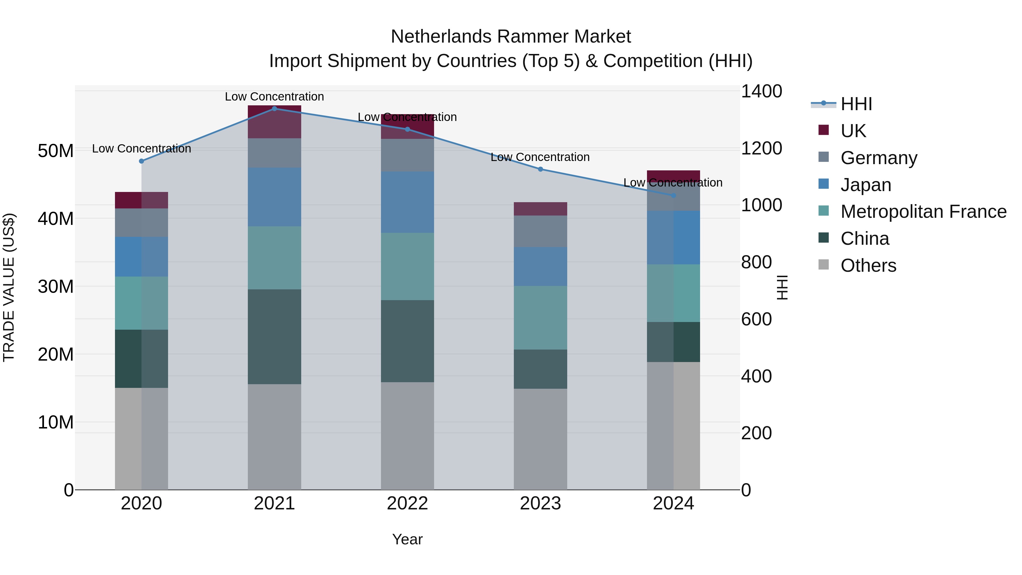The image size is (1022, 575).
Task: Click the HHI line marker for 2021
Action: (x=274, y=109)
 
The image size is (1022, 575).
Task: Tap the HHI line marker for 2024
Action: (x=673, y=196)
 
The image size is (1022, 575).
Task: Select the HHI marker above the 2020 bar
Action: (x=141, y=161)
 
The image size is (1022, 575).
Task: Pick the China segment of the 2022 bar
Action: (x=407, y=341)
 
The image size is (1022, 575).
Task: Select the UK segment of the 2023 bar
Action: (x=540, y=209)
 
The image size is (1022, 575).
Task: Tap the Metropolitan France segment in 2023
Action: (x=540, y=317)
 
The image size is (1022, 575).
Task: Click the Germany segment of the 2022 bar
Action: (x=407, y=155)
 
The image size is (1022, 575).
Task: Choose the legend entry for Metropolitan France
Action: (x=923, y=212)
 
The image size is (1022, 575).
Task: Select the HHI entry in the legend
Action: (x=856, y=104)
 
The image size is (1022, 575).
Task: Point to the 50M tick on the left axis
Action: (x=56, y=151)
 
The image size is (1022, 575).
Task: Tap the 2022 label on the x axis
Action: (x=407, y=503)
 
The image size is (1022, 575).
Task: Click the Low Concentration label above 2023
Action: (x=540, y=157)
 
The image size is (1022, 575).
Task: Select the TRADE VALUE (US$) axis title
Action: (x=9, y=287)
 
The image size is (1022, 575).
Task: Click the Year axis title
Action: (x=407, y=539)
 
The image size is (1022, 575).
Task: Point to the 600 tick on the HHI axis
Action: (x=756, y=319)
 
